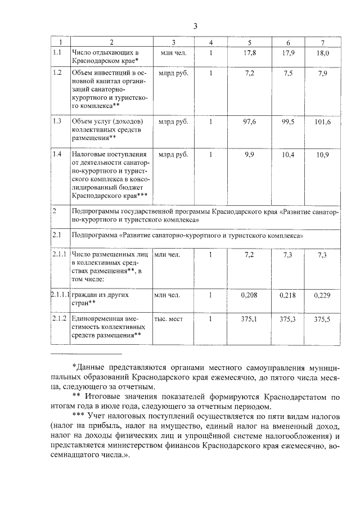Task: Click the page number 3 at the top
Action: (x=195, y=26)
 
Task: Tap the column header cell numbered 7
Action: (x=322, y=43)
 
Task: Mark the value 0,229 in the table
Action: (x=322, y=295)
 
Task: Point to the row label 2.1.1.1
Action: (x=59, y=294)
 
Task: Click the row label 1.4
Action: (x=57, y=154)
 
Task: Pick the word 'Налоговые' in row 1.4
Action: (x=89, y=154)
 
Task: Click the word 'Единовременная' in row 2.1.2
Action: (x=97, y=318)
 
